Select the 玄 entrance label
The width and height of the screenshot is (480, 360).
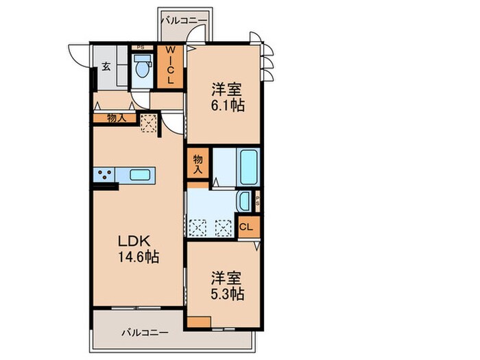[x=107, y=67]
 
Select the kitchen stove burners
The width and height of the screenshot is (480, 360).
[x=104, y=175]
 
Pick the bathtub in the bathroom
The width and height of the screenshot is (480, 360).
[x=248, y=165]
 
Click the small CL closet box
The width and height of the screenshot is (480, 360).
[x=247, y=227]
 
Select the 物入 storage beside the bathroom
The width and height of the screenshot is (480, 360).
[x=197, y=163]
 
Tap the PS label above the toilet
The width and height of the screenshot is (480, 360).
[x=141, y=47]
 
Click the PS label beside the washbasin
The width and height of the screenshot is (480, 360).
[x=258, y=202]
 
